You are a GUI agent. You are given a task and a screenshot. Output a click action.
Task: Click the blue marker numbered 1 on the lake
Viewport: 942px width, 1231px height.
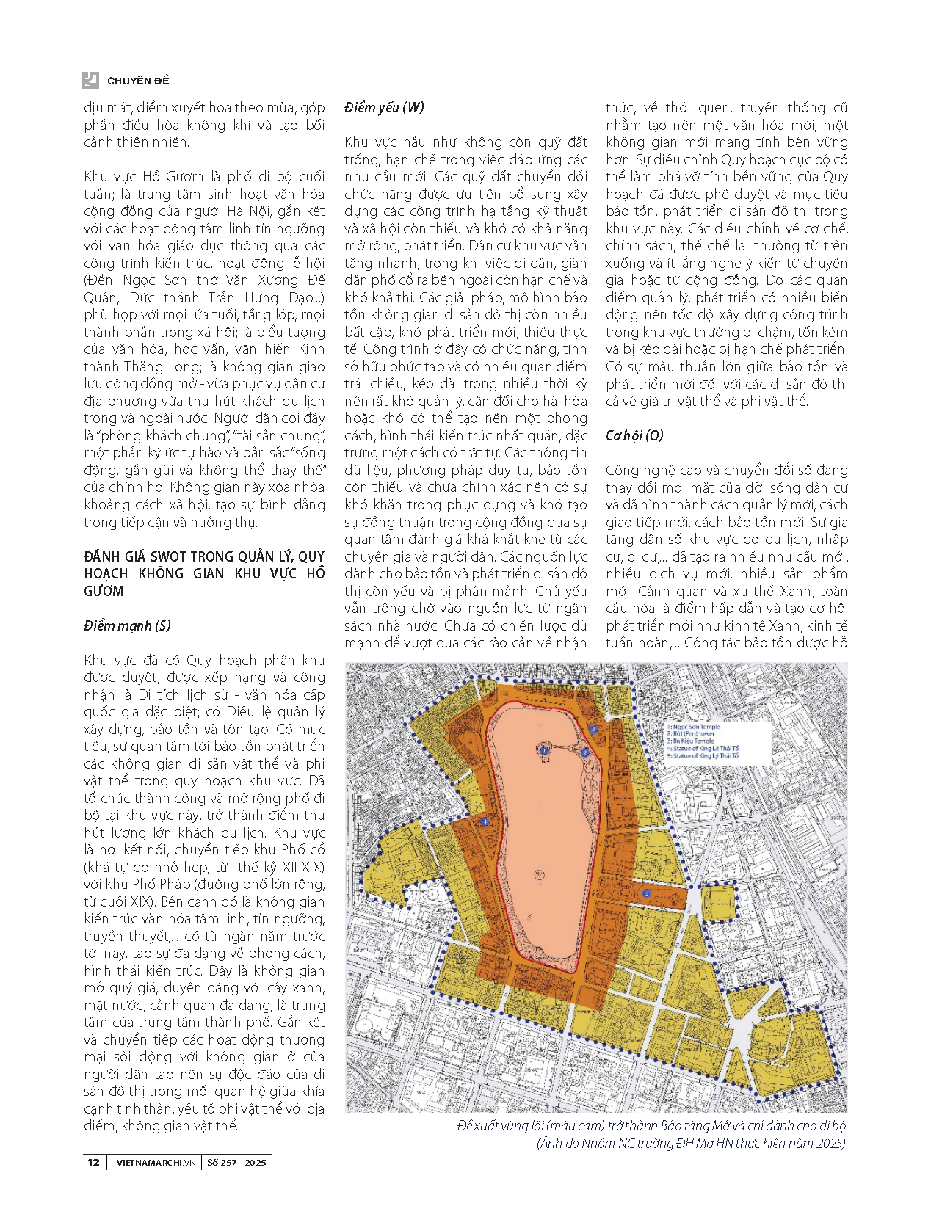[x=543, y=751]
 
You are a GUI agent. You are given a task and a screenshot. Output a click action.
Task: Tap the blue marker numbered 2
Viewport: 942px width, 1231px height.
[x=584, y=752]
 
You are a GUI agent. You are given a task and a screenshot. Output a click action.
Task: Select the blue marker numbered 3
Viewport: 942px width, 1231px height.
[x=593, y=730]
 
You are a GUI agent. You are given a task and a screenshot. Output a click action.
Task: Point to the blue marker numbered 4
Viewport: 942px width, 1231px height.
[x=485, y=823]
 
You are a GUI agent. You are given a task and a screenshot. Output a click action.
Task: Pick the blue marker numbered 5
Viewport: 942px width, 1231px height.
[x=647, y=893]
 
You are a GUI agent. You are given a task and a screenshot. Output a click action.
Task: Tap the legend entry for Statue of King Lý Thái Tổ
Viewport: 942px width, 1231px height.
[x=704, y=755]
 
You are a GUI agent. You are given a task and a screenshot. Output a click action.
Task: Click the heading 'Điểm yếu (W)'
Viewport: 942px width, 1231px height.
[x=384, y=108]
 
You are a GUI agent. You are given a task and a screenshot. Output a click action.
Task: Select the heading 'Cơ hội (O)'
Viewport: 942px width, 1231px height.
[x=634, y=435]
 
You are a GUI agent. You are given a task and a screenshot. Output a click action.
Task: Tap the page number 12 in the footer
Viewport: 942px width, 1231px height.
[x=93, y=1162]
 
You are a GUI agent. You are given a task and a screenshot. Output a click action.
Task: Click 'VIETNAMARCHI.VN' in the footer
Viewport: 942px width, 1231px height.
[x=156, y=1162]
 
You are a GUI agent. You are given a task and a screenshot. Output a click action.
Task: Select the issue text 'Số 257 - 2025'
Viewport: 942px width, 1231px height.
[x=236, y=1162]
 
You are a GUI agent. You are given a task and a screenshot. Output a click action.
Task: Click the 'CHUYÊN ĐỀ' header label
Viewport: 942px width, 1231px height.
[x=138, y=81]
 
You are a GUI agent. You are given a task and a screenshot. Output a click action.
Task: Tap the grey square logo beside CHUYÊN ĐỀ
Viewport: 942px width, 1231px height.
[x=91, y=80]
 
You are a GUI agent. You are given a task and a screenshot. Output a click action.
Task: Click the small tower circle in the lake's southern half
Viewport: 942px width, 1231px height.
[x=540, y=875]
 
